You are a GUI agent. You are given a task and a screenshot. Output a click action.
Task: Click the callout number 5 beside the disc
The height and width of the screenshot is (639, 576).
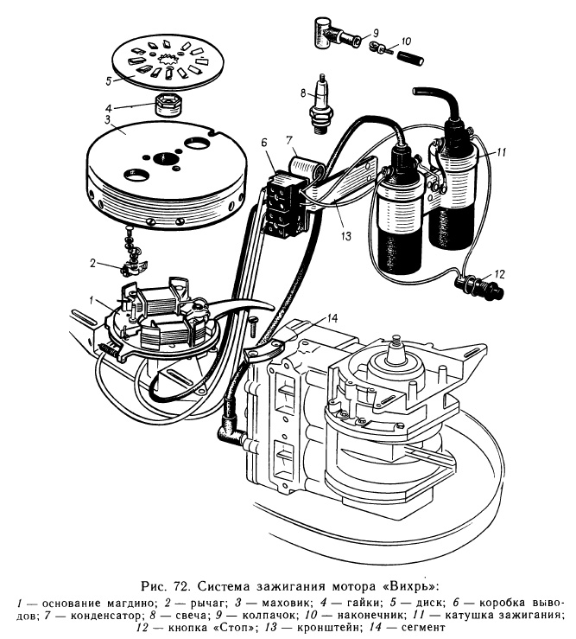point(109,82)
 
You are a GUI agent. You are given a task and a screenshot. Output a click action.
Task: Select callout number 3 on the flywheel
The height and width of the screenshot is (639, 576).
point(107,119)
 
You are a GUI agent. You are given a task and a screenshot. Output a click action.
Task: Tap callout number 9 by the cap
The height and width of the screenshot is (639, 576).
point(376,32)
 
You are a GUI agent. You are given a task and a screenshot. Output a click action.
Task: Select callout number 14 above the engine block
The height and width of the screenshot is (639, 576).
point(334,318)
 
